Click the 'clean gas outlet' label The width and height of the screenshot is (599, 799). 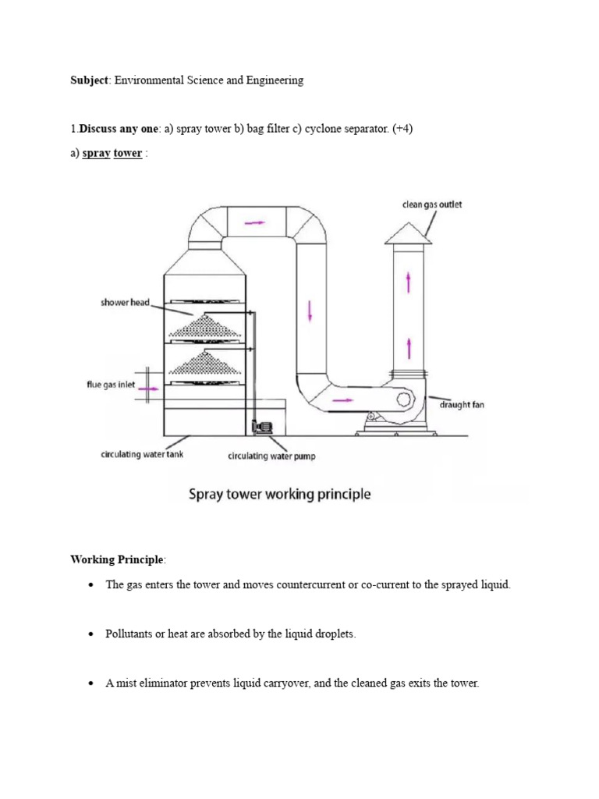pyautogui.click(x=432, y=204)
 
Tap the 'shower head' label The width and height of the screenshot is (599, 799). pyautogui.click(x=125, y=303)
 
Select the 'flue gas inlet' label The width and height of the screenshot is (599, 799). pyautogui.click(x=111, y=385)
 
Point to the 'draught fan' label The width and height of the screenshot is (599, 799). pyautogui.click(x=463, y=405)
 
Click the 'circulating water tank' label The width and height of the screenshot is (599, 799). pyautogui.click(x=142, y=454)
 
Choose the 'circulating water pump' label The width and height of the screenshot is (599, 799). pyautogui.click(x=271, y=456)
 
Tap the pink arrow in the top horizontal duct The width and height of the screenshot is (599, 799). pyautogui.click(x=254, y=222)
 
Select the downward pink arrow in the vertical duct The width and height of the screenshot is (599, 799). pyautogui.click(x=310, y=311)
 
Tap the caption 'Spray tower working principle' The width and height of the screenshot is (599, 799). pyautogui.click(x=278, y=494)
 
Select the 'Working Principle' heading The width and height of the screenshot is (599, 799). pyautogui.click(x=117, y=559)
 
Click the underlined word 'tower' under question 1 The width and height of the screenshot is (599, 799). pyautogui.click(x=128, y=153)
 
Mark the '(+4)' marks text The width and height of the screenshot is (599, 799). pyautogui.click(x=400, y=130)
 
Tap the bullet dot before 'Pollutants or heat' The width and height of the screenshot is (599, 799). pyautogui.click(x=91, y=634)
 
